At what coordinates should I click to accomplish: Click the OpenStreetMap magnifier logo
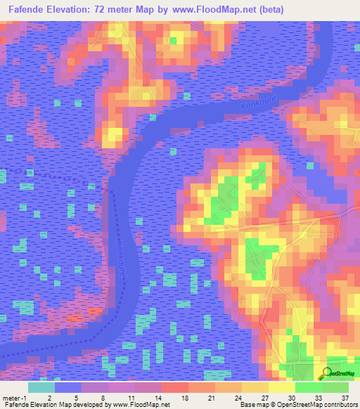click(x=326, y=373)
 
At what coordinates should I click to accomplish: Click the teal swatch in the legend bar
click(x=41, y=387)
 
